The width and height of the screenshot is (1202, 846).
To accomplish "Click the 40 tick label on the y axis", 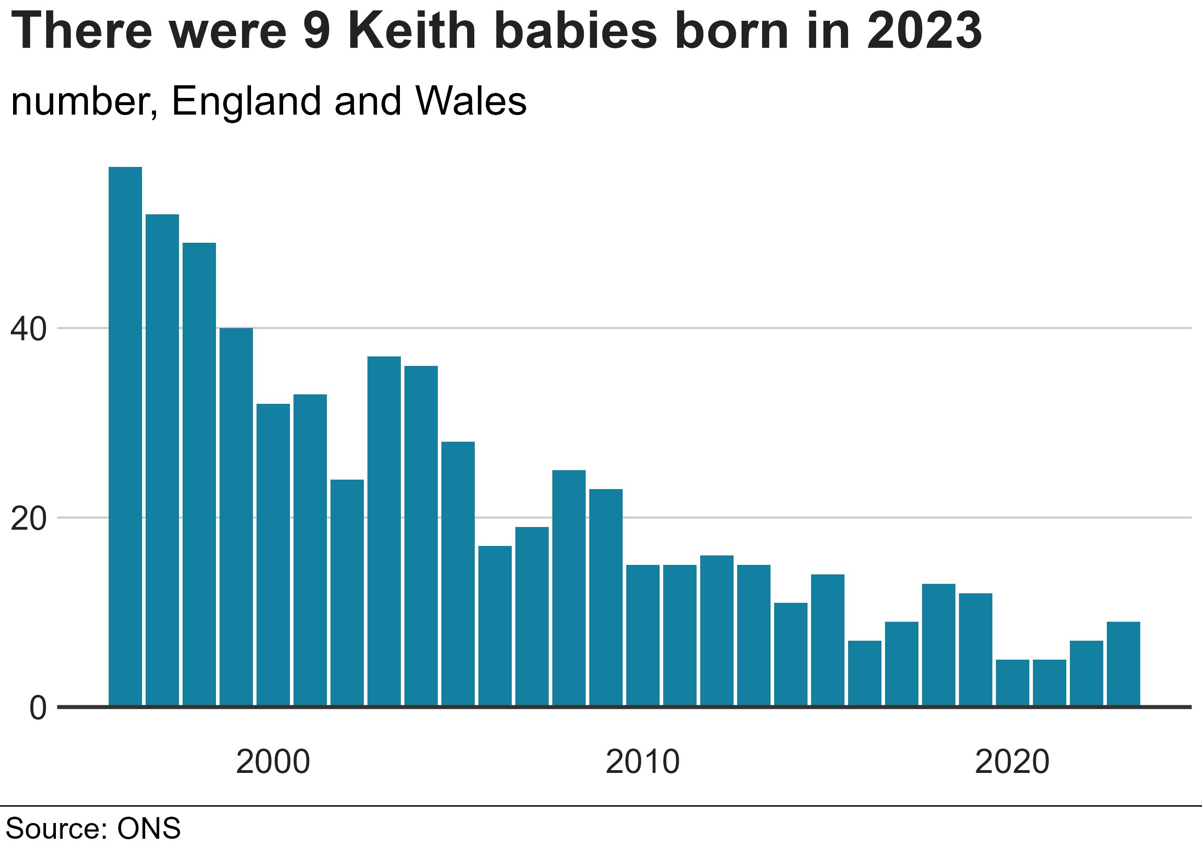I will (x=29, y=330).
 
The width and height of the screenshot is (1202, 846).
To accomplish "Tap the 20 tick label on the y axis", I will (x=29, y=519).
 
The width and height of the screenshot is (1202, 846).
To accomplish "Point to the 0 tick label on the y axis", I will (x=38, y=709).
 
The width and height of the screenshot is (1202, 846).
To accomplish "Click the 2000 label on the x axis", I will (x=273, y=762).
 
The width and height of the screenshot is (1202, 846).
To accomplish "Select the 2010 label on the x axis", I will (x=643, y=762).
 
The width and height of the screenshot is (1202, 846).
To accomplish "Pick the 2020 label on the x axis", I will (x=1013, y=762).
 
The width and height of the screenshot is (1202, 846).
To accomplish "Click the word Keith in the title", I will (x=412, y=32).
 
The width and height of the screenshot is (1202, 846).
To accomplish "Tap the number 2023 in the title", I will (x=924, y=32).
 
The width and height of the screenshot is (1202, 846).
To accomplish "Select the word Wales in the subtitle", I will (x=471, y=101).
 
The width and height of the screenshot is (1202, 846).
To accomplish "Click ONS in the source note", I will (x=149, y=829).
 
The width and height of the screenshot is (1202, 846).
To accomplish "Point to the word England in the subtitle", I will (x=246, y=101).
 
